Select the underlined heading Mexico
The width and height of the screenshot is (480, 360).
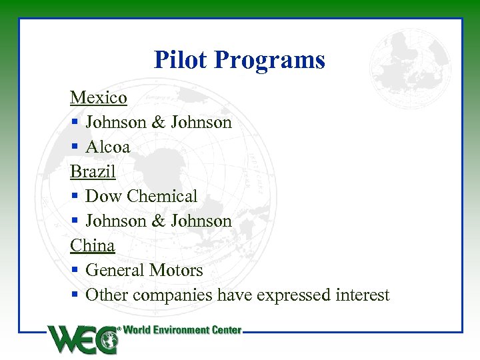[99, 98]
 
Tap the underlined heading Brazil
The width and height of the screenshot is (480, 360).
[93, 172]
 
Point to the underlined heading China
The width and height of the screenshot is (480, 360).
[93, 246]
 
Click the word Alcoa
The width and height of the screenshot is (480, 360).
[108, 147]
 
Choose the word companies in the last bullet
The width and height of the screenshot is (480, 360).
[175, 295]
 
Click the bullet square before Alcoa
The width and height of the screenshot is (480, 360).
[75, 147]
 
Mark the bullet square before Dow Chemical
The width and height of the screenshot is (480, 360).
[75, 197]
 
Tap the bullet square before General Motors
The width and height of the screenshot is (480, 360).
[75, 271]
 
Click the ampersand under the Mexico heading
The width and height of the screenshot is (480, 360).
[159, 123]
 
